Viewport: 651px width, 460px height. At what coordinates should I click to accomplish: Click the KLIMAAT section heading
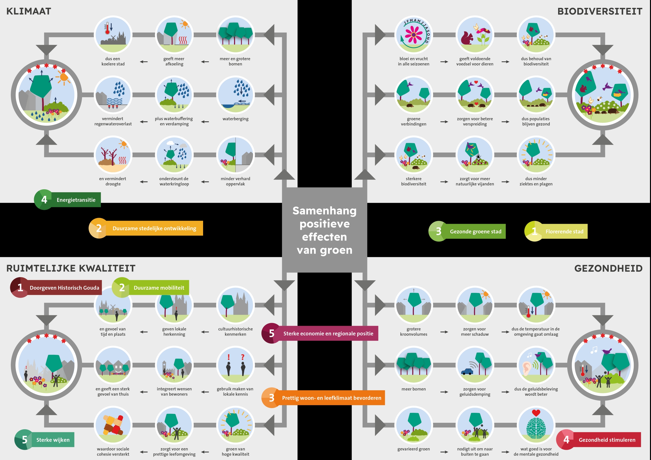29,11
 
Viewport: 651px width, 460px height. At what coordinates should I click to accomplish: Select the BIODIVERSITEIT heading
600,11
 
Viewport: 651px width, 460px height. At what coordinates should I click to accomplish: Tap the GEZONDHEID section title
608,268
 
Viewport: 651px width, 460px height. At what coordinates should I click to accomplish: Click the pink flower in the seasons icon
413,35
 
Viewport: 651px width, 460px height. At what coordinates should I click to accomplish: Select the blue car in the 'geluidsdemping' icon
467,371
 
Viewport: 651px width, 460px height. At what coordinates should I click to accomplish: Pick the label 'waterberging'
235,119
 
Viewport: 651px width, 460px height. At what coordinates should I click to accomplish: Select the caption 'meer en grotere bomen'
235,61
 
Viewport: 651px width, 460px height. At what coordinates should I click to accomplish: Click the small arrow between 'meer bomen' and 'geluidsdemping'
444,392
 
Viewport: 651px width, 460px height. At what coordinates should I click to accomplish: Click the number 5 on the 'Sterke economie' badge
271,333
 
